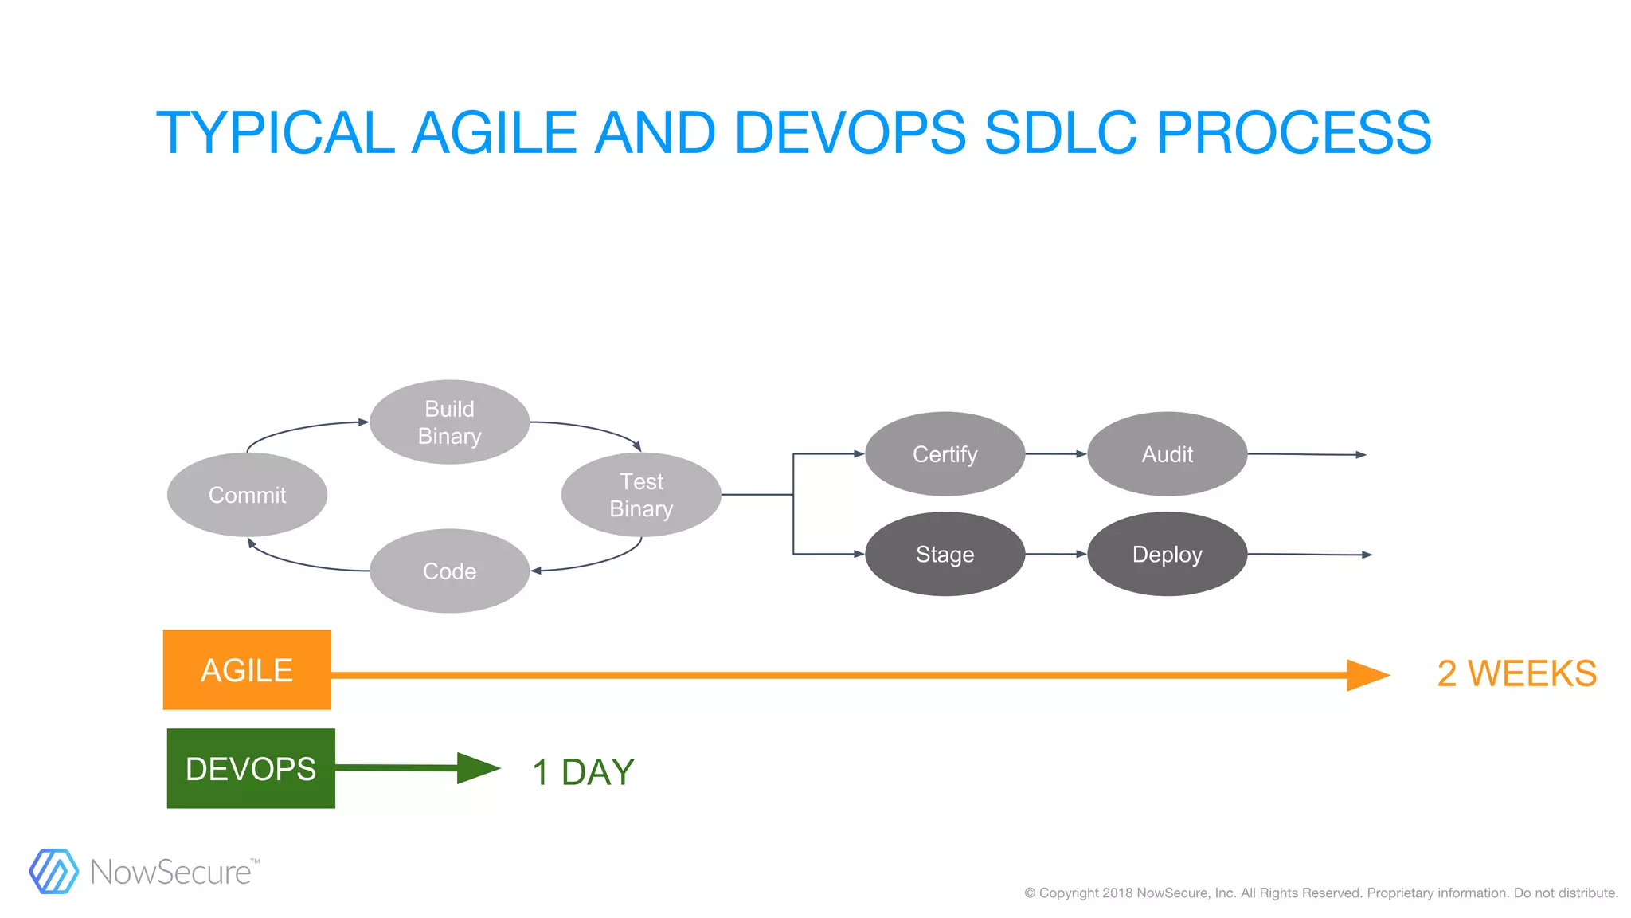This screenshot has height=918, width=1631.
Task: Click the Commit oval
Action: coord(247,495)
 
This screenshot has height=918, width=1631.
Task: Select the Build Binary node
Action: coord(449,422)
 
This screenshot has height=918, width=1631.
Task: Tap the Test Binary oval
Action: coord(641,495)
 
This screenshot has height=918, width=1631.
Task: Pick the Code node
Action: coord(449,571)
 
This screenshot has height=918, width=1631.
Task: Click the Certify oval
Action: coord(945,454)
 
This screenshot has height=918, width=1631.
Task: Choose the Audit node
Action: coord(1167,454)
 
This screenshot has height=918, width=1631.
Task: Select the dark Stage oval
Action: coord(945,554)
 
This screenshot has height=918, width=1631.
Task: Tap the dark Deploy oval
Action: coord(1167,554)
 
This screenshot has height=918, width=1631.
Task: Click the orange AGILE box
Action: coord(247,669)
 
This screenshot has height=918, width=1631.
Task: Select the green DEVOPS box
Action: coord(251,768)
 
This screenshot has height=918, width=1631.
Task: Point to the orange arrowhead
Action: coord(1367,675)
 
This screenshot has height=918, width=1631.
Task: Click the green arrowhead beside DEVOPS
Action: coord(478,768)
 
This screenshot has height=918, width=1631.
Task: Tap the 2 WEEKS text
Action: coord(1516,673)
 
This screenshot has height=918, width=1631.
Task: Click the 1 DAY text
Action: coord(583,771)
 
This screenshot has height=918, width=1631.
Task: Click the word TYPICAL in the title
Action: coord(276,132)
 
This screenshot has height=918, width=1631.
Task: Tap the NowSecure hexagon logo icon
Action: coord(53,871)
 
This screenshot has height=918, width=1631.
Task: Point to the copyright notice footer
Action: coord(1321,892)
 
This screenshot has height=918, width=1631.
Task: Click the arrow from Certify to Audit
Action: coord(1056,454)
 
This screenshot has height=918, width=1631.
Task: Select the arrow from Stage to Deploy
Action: coord(1056,554)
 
